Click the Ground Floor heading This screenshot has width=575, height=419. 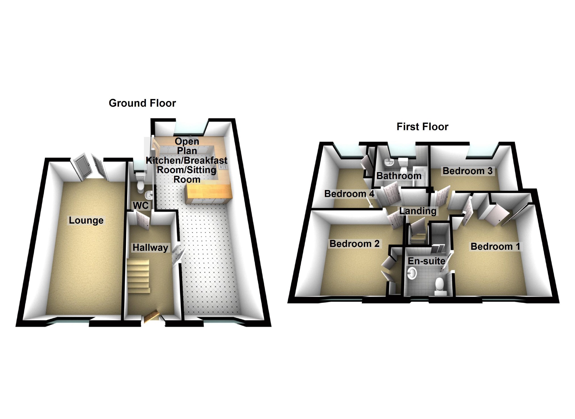142,103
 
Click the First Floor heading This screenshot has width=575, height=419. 422,127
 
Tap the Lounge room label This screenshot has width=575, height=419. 86,220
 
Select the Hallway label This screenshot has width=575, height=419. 150,247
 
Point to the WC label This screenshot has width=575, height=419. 141,205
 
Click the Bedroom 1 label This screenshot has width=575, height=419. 495,246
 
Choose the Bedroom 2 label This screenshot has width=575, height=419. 354,244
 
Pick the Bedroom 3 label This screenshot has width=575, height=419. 467,171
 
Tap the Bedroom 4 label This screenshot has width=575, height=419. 349,194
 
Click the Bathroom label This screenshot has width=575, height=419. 399,176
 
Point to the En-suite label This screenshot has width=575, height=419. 426,261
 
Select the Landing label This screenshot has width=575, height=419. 418,211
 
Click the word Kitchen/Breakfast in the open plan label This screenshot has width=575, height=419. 187,160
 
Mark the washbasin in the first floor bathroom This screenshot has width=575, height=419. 388,163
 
